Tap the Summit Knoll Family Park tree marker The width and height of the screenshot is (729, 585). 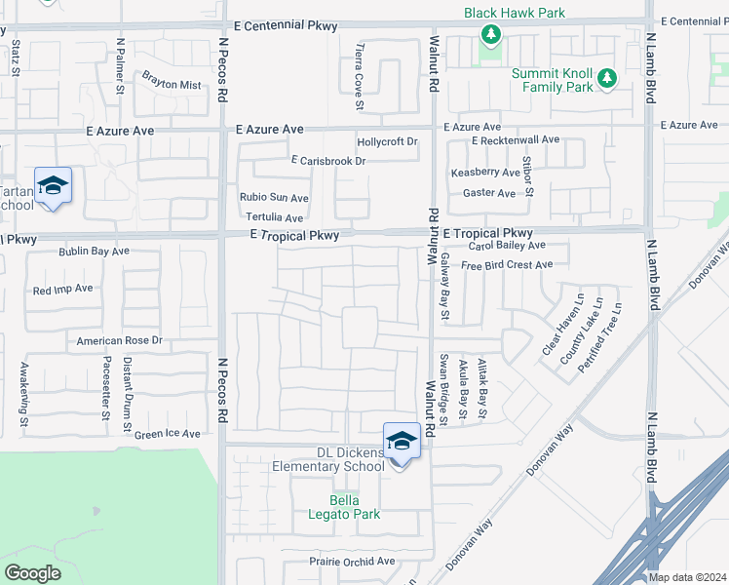pos(607,78)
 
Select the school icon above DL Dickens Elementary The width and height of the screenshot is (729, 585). pos(402,442)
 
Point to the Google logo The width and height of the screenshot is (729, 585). pos(32,572)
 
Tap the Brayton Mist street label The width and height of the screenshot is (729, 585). pos(172,85)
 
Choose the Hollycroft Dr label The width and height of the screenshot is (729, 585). pos(387,142)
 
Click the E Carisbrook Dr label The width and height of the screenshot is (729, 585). pos(327,161)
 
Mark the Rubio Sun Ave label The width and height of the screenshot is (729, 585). pos(274,198)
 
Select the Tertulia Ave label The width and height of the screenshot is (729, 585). pos(274,217)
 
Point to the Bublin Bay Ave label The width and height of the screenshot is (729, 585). pos(94,252)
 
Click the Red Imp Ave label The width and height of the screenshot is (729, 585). pos(62,290)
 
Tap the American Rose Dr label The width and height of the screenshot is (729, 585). pos(120,341)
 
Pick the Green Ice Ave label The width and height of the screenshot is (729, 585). pos(167,434)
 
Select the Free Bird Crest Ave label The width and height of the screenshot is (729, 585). pos(507,265)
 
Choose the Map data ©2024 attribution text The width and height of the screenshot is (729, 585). pos(687,577)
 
